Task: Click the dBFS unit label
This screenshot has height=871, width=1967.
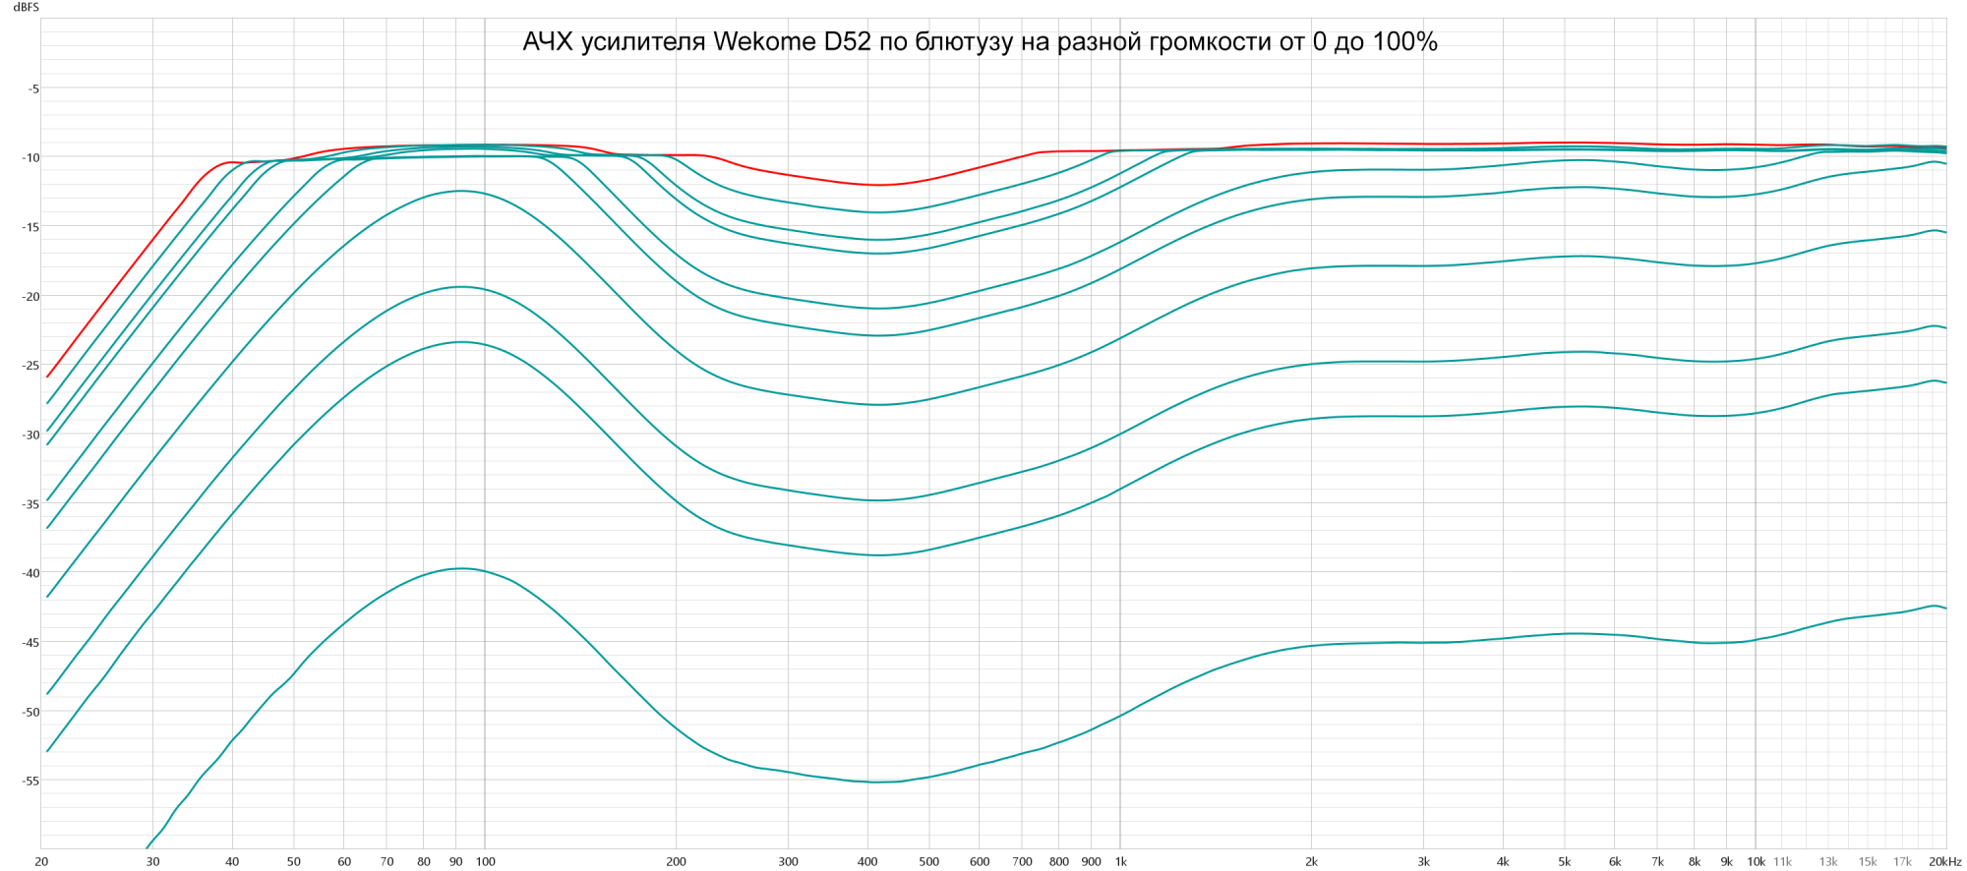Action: tap(27, 8)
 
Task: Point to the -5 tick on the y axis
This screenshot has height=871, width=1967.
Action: tap(32, 88)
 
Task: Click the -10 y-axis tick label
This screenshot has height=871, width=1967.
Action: tap(30, 158)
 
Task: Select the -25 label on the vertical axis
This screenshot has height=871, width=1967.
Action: tap(30, 366)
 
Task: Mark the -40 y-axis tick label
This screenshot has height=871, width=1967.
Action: tap(30, 573)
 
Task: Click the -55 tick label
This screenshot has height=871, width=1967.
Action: tap(30, 781)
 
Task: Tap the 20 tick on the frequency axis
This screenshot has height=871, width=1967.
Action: tap(41, 862)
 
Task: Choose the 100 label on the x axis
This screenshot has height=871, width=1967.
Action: tap(485, 862)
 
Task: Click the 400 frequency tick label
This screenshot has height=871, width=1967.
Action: tap(867, 862)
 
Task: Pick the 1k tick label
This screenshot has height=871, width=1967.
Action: tap(1120, 862)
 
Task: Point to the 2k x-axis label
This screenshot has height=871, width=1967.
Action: tap(1311, 862)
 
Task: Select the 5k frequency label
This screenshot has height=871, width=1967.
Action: tap(1564, 862)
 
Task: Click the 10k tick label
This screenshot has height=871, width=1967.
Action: tap(1756, 862)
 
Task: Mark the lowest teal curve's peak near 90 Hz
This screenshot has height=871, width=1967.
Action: tap(459, 568)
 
